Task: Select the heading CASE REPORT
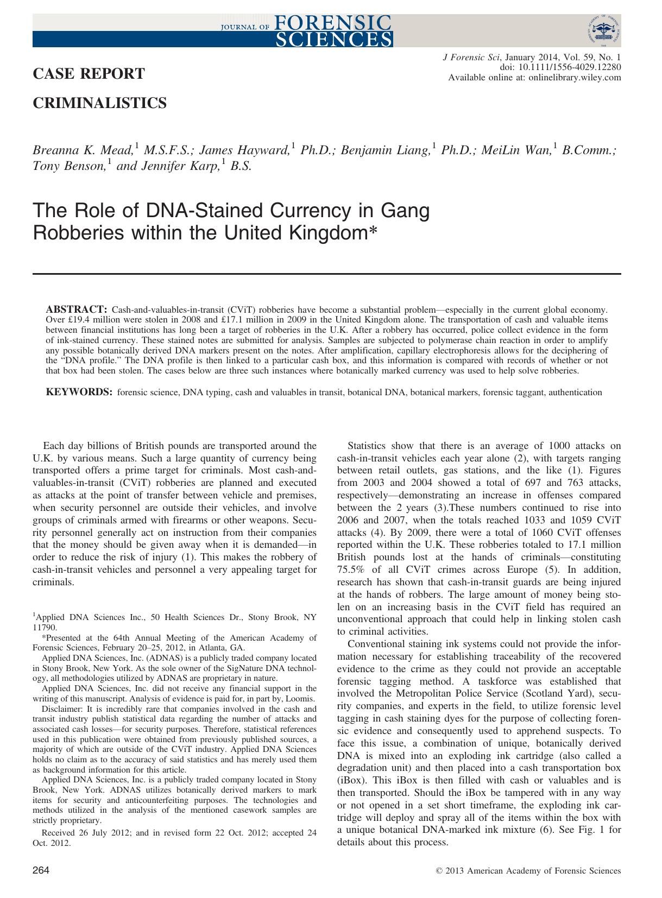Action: click(89, 74)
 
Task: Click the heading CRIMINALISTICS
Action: click(100, 103)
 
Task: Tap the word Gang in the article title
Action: click(406, 211)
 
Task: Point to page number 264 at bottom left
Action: click(42, 871)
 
